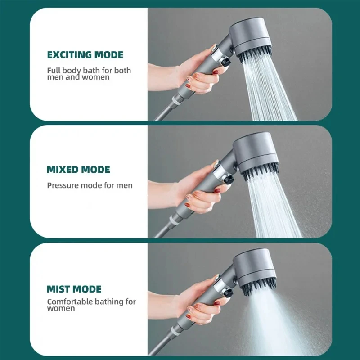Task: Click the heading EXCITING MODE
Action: [85, 55]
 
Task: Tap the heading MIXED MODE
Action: [78, 170]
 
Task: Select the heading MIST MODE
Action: [74, 289]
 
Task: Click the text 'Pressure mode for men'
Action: [90, 185]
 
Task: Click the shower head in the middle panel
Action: [255, 153]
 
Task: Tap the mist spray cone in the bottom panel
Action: [270, 324]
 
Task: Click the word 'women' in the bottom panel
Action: [61, 309]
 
